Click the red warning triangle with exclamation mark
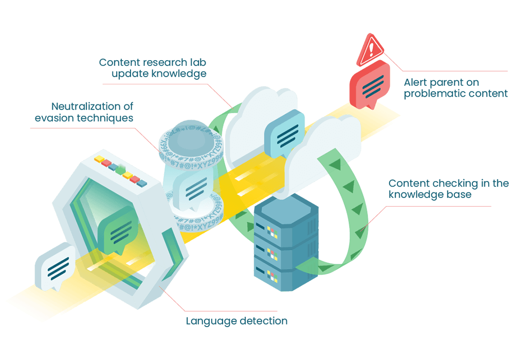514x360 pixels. pos(370,50)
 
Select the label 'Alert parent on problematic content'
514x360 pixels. pos(455,88)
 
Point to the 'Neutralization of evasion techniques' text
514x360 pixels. pos(84,112)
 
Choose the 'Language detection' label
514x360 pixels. pos(236,321)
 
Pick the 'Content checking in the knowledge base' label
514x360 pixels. pos(448,189)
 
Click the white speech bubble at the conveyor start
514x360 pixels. pos(56,267)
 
